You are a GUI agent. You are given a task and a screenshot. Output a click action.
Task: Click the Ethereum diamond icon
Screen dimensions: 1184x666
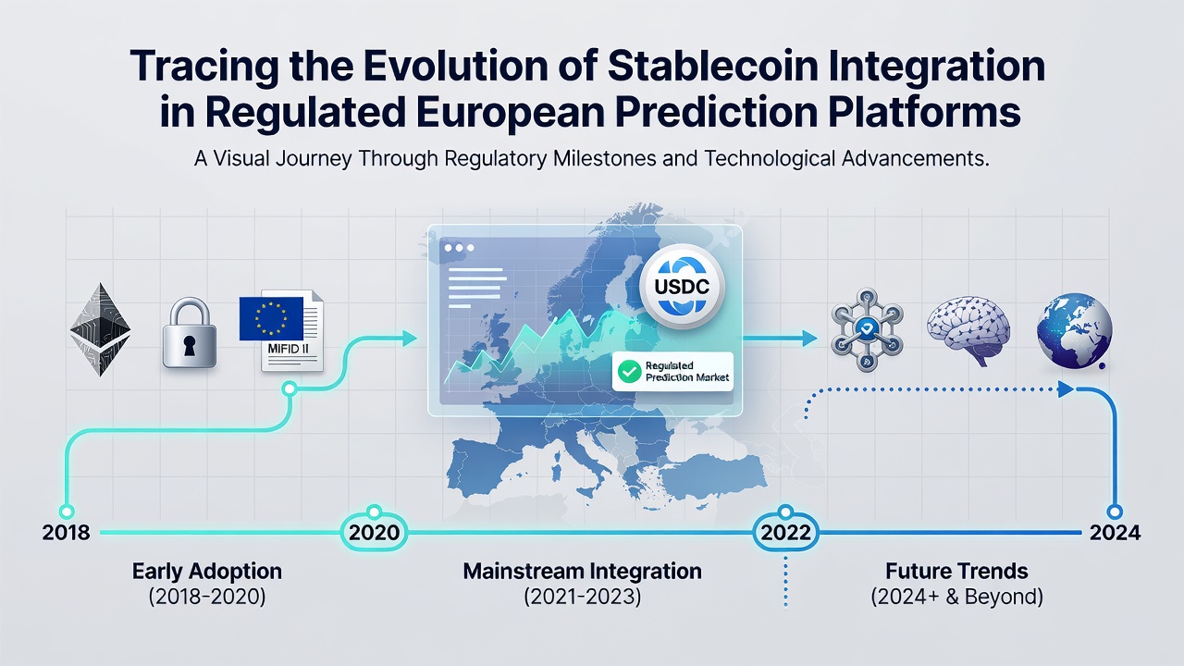point(101,330)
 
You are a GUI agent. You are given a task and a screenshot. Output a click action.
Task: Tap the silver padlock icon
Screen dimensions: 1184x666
point(190,333)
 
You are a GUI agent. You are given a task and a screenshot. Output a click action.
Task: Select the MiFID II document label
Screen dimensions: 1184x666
point(288,349)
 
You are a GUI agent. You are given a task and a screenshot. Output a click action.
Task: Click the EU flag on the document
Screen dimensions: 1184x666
point(271,318)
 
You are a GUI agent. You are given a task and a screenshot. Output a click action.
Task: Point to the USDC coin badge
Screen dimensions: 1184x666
point(682,287)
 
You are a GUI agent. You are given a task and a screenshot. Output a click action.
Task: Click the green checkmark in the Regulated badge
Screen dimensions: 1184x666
point(629,372)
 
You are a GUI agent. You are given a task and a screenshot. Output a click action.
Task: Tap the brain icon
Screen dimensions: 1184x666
point(968,330)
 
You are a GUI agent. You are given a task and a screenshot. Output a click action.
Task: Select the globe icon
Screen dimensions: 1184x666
point(1074,330)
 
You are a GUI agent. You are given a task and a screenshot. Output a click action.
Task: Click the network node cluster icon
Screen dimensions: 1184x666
point(867,330)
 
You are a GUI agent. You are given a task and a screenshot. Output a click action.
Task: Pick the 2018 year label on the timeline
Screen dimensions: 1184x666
point(66,532)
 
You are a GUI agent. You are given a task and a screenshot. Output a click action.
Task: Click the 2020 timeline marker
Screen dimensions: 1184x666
point(375,531)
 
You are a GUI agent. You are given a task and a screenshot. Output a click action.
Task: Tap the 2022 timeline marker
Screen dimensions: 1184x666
point(785,531)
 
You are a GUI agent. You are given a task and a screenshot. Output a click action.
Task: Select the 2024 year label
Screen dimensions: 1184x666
point(1115,532)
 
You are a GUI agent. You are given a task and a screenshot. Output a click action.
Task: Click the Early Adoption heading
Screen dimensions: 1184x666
point(206,572)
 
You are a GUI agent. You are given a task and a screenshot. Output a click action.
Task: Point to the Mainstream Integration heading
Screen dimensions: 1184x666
point(583,572)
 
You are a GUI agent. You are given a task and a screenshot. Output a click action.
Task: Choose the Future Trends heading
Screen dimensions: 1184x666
point(956,572)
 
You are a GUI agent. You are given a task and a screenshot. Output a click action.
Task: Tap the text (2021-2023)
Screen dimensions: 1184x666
point(583,597)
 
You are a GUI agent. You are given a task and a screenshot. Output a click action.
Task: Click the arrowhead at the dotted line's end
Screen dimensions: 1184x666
point(1067,389)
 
